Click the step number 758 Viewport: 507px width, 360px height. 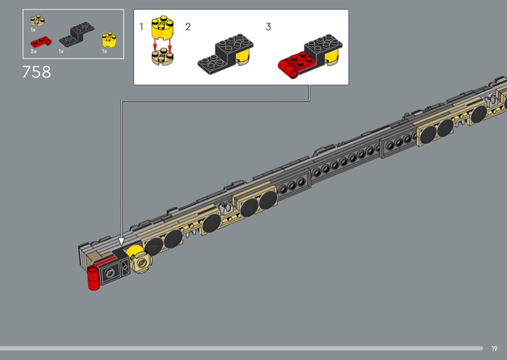tap(37, 72)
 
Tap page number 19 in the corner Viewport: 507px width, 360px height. tap(494, 349)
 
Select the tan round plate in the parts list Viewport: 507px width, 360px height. tap(37, 21)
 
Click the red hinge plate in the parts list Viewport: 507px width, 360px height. tap(41, 42)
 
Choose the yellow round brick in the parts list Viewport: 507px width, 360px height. tap(109, 40)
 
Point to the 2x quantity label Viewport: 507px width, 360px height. tap(34, 51)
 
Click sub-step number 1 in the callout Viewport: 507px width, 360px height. tap(141, 27)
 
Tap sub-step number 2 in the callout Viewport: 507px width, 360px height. tap(188, 27)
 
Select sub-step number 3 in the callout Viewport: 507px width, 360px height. tap(268, 27)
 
